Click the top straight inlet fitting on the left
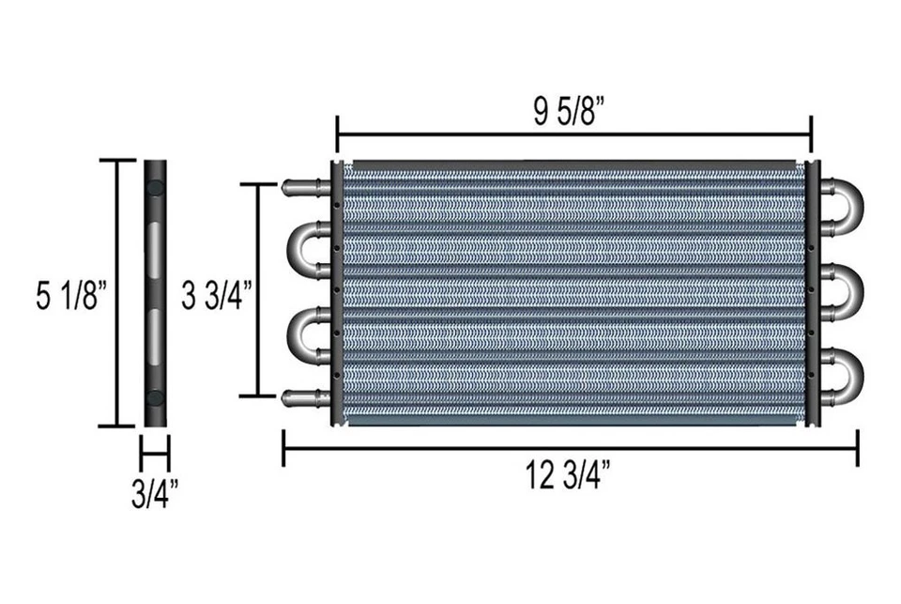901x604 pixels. pos(303,186)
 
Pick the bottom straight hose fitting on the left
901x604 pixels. pos(303,398)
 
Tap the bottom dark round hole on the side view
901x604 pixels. pos(155,397)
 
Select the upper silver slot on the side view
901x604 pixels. pos(155,249)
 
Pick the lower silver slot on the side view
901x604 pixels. pos(155,336)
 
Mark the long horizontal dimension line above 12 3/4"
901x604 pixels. pos(571,448)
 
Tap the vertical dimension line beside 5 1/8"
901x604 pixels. pos(117,293)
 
